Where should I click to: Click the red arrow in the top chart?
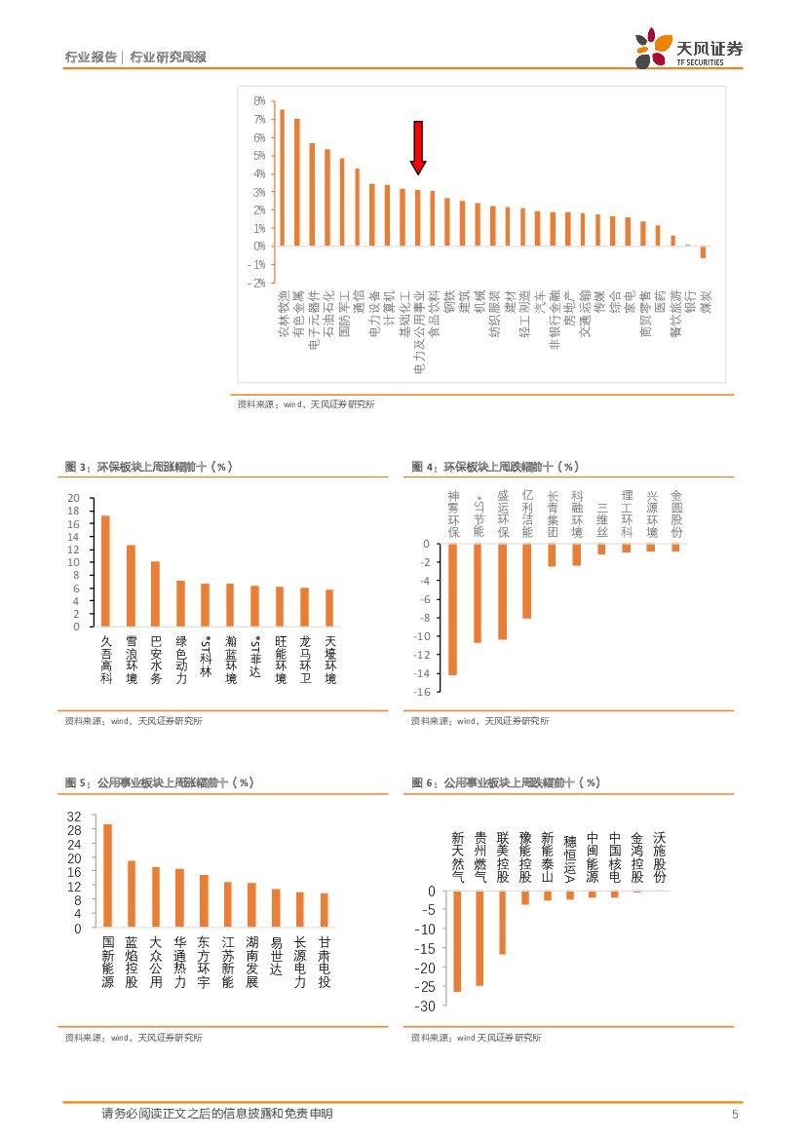(x=417, y=147)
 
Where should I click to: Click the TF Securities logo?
(x=688, y=49)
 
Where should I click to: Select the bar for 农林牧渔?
(x=282, y=177)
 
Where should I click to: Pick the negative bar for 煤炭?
(x=703, y=252)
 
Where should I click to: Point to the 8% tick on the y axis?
(x=259, y=101)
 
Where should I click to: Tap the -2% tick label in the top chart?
(x=258, y=283)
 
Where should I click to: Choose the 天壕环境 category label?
(x=330, y=660)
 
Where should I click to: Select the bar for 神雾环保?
(x=452, y=609)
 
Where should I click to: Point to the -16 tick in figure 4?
(x=423, y=692)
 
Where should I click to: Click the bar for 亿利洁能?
(x=527, y=581)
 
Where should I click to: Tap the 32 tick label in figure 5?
(x=74, y=817)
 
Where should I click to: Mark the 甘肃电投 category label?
(x=325, y=963)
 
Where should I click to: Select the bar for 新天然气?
(x=457, y=941)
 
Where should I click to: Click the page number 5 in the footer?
(x=735, y=1114)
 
